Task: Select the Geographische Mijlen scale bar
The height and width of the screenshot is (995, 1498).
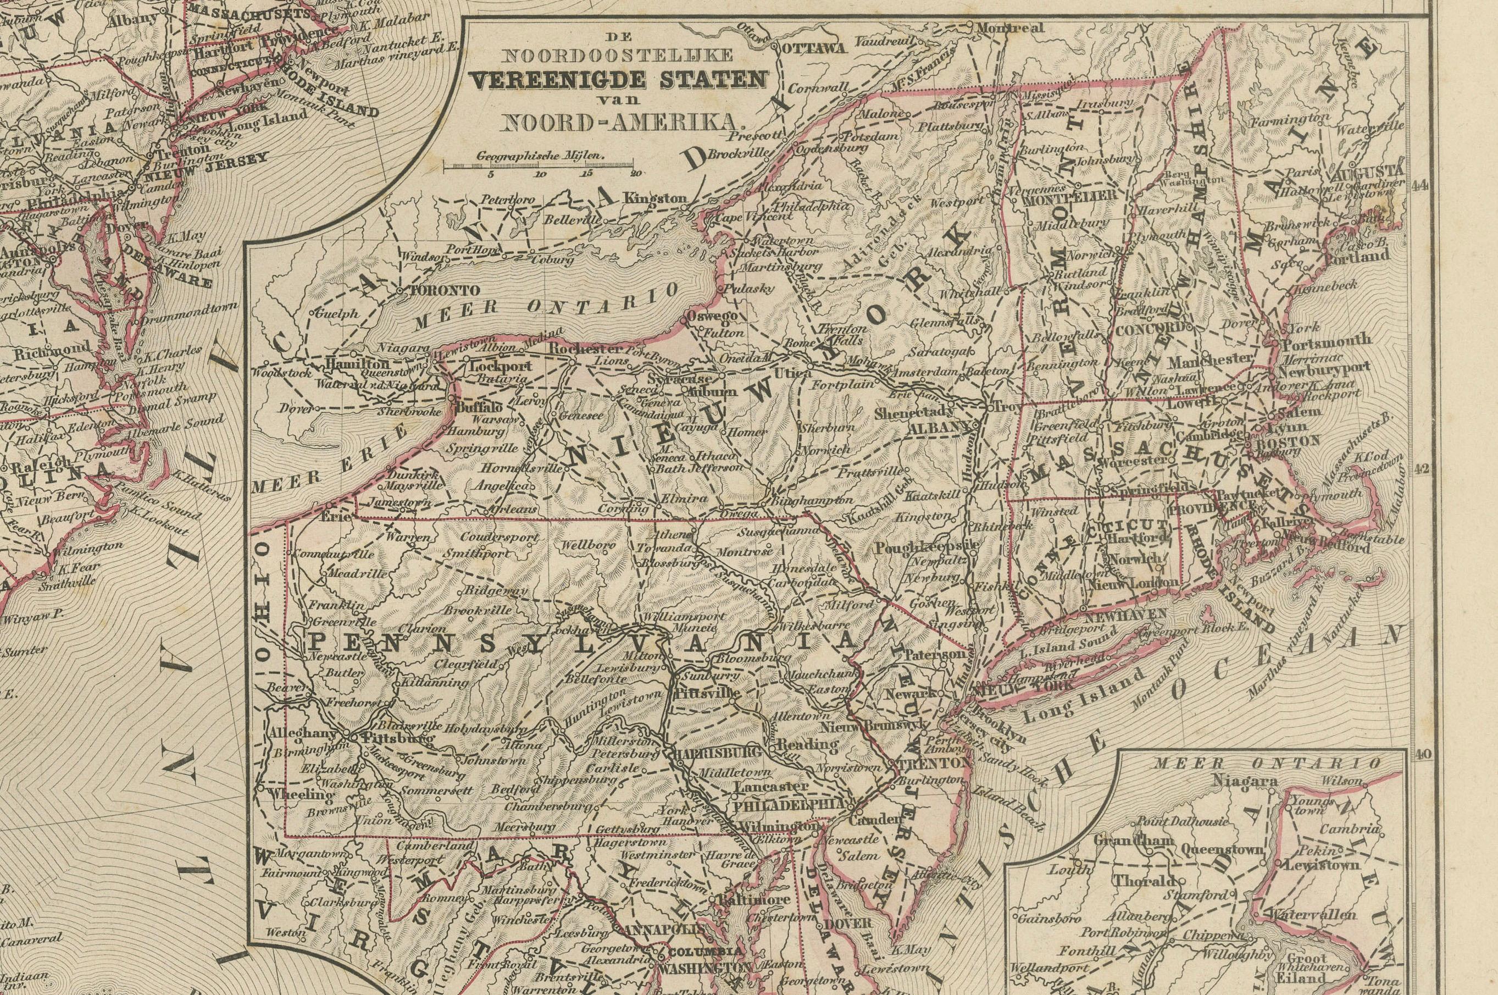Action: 542,166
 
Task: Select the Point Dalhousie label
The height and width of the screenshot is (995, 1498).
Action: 1180,821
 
